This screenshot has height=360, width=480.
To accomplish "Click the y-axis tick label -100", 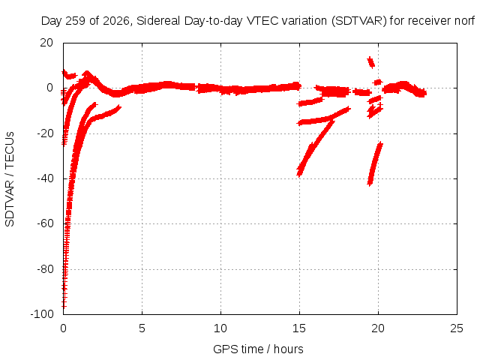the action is coord(42,314).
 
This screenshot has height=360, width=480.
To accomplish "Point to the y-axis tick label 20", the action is coord(46,43).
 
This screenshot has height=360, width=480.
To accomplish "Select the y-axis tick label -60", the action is coord(45,223).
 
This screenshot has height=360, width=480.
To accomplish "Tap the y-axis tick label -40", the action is coord(45,178).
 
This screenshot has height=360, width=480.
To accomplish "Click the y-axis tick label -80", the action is coord(45,269).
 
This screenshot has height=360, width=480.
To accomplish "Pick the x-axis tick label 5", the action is coord(142,328).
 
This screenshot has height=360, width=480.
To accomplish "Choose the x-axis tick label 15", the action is coord(299,328).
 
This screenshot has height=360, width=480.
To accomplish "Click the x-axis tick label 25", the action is coord(457,328).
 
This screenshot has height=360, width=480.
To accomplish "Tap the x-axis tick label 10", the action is coord(220,328).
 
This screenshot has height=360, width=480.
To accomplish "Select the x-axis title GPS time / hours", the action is coord(258,349).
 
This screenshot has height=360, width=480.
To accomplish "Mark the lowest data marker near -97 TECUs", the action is coord(64,305).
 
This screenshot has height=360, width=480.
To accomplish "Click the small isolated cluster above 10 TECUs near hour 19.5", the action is coord(371,62).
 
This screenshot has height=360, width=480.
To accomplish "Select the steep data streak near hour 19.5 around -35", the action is coord(375,163).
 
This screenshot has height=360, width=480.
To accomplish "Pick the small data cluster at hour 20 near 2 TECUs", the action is coord(378,82).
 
